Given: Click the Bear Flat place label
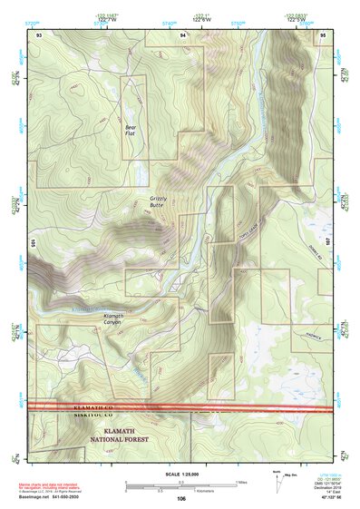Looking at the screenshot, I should tap(131, 131).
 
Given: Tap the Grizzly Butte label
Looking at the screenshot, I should tap(160, 201).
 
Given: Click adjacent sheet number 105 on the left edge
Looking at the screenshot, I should tap(32, 243).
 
